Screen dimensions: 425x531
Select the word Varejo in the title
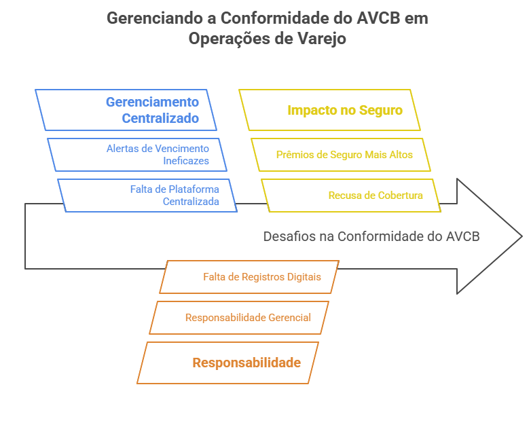point(322,39)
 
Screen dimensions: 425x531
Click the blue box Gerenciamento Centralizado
point(126,110)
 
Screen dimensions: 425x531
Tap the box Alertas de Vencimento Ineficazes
point(137,155)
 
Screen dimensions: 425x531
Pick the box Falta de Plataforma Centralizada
point(147,196)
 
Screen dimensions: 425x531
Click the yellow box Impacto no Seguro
point(330,110)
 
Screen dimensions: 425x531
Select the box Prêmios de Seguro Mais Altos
point(337,155)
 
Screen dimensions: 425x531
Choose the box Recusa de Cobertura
point(351,196)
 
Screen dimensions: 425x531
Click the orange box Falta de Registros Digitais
point(249,277)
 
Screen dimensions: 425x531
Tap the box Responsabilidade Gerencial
point(239,318)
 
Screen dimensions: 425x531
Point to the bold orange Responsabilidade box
point(228,363)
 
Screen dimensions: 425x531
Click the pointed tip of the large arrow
point(521,236)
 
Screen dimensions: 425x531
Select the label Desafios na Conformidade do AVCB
point(371,236)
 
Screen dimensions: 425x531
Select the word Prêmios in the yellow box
point(293,155)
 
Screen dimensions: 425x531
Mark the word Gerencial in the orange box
point(289,318)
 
